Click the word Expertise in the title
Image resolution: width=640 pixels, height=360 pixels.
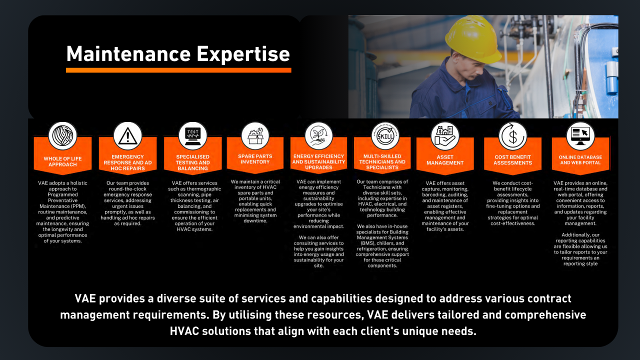(243, 54)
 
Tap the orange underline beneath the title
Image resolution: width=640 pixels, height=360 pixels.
(178, 70)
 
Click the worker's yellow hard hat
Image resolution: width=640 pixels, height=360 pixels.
(472, 39)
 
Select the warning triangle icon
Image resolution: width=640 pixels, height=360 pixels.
(127, 135)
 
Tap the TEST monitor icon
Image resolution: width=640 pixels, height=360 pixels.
(193, 136)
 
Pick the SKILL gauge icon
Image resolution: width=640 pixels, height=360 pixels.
(385, 135)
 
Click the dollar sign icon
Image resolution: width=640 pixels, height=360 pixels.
(513, 136)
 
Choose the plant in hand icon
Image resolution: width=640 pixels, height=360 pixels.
(318, 136)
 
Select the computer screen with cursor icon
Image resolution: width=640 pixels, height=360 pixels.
(580, 136)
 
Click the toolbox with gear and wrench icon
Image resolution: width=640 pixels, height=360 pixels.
(255, 136)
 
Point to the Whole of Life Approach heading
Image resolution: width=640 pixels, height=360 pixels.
(62, 161)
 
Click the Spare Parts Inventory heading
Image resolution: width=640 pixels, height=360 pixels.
(255, 159)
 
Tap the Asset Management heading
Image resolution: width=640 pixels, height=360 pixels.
(445, 160)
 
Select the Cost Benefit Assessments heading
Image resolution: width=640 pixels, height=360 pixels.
(513, 160)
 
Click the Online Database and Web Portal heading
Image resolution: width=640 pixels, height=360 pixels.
(580, 160)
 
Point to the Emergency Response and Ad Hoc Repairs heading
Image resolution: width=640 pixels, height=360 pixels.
(127, 162)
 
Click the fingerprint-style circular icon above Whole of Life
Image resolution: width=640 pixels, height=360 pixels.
(62, 136)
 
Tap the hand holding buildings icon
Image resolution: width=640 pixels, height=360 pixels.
(445, 136)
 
